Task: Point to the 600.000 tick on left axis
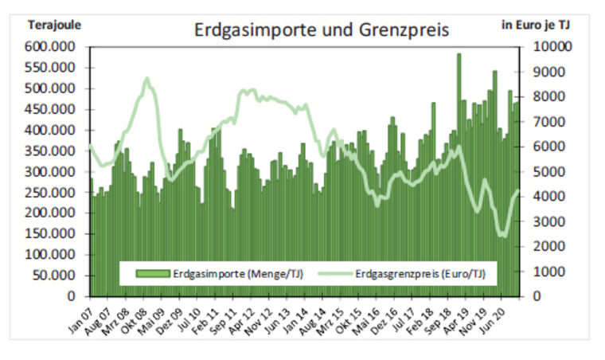click(x=53, y=48)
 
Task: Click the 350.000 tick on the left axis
click(x=53, y=151)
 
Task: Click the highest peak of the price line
click(x=147, y=79)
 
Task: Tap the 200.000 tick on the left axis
click(x=53, y=213)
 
